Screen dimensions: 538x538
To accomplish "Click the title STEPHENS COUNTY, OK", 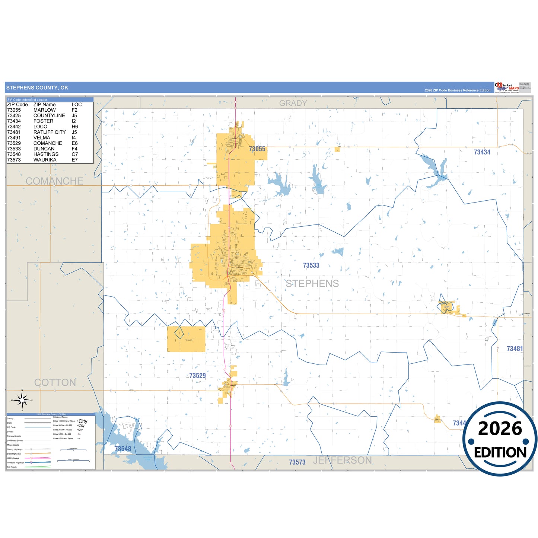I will pyautogui.click(x=37, y=88).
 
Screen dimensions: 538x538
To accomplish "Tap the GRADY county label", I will pyautogui.click(x=293, y=103).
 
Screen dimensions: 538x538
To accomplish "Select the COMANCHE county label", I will pyautogui.click(x=54, y=181).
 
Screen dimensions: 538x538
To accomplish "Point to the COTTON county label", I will pyautogui.click(x=55, y=382).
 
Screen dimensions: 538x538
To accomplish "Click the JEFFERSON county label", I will pyautogui.click(x=342, y=461).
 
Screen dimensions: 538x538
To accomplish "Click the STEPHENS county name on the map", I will pyautogui.click(x=312, y=284).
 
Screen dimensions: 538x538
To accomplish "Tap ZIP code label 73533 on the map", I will pyautogui.click(x=311, y=265).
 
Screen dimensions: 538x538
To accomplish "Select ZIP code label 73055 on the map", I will pyautogui.click(x=257, y=149).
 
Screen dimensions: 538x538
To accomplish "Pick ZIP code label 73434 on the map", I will pyautogui.click(x=482, y=152).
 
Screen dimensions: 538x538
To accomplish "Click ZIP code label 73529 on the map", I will pyautogui.click(x=197, y=376).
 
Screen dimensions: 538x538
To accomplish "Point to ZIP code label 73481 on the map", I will pyautogui.click(x=515, y=349).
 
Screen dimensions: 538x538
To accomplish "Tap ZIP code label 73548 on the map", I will pyautogui.click(x=123, y=449).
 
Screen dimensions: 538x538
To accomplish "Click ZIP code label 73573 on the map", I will pyautogui.click(x=297, y=462).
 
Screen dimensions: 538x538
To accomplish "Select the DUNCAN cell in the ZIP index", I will pyautogui.click(x=44, y=149).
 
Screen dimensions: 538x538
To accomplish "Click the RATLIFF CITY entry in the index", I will pyautogui.click(x=50, y=132).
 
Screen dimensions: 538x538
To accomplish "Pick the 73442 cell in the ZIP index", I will pyautogui.click(x=14, y=127).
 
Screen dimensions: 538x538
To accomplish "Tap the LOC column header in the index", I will pyautogui.click(x=77, y=105).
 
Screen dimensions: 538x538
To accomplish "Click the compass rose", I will pyautogui.click(x=22, y=401).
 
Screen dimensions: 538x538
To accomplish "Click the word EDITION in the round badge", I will pyautogui.click(x=500, y=452).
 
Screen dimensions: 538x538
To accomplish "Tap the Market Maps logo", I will pyautogui.click(x=507, y=88).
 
